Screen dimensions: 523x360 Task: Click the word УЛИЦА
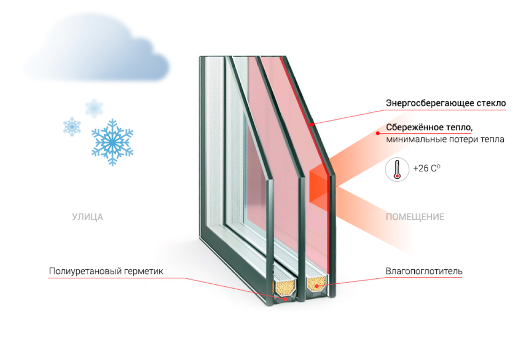point(87,217)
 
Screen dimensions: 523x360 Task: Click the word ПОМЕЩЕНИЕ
point(415,217)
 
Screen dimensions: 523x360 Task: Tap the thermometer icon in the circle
point(397,169)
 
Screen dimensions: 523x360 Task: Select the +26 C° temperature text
point(427,168)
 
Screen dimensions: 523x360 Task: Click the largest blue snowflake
point(112,142)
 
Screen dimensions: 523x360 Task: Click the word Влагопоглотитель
point(424,271)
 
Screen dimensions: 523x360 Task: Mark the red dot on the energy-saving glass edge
point(312,124)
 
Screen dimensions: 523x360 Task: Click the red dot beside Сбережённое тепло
point(378,133)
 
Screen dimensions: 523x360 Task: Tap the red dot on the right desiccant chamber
point(317,286)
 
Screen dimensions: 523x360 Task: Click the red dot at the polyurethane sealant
point(285,299)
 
